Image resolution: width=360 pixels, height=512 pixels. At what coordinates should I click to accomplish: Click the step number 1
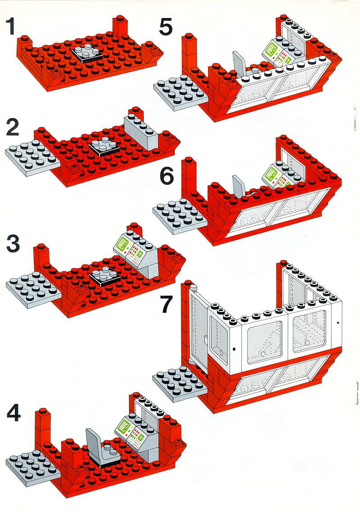coord(11,26)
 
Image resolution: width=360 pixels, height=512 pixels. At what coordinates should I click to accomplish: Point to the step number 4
coord(14,412)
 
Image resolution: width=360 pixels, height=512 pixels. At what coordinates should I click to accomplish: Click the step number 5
coord(165,26)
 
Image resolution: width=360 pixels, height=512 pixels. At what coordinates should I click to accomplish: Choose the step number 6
coord(166,177)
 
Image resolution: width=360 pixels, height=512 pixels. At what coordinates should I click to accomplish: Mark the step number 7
coord(166,304)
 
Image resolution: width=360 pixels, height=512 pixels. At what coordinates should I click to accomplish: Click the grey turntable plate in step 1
coord(87,53)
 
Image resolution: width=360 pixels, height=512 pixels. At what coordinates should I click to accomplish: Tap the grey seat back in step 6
coord(239,186)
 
